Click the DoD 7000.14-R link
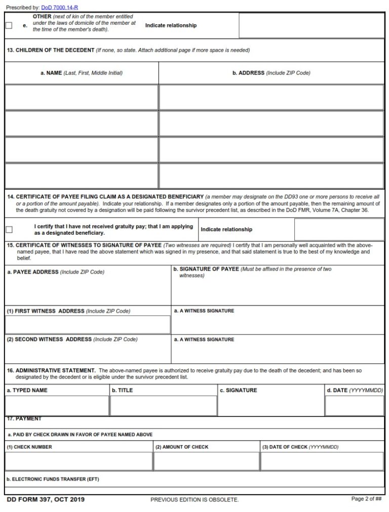point(59,8)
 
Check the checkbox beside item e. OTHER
point(9,26)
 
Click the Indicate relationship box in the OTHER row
point(311,26)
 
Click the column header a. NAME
point(81,73)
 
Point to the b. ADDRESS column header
point(271,73)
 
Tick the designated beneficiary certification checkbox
point(9,230)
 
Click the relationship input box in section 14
point(339,230)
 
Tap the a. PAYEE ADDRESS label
point(56,272)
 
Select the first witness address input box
point(88,325)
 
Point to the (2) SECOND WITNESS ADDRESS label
point(71,339)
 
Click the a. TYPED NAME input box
point(57,406)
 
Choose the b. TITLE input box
point(163,406)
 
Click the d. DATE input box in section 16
point(354,406)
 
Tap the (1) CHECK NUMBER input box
point(79,461)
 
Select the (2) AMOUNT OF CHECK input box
point(206,461)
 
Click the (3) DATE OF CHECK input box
point(322,461)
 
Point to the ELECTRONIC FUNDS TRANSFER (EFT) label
point(53,479)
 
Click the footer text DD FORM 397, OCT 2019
point(46,500)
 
